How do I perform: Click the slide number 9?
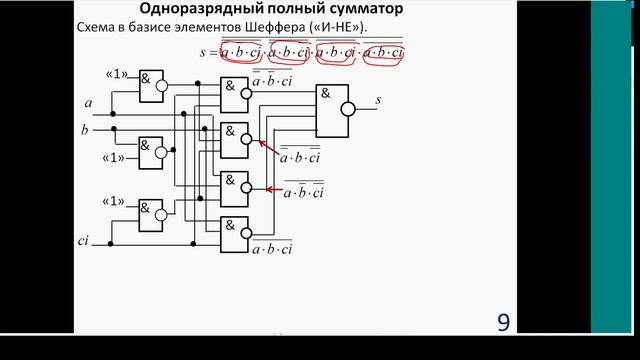click(x=503, y=322)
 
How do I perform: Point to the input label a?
click(x=89, y=101)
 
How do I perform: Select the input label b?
click(x=85, y=129)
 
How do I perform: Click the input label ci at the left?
click(x=84, y=242)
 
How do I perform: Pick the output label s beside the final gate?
click(x=377, y=100)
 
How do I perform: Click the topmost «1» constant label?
click(x=115, y=76)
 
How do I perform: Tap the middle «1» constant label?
click(x=114, y=156)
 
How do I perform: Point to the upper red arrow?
click(x=271, y=148)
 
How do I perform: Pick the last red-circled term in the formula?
click(x=390, y=51)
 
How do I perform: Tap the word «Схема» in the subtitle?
click(x=100, y=27)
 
